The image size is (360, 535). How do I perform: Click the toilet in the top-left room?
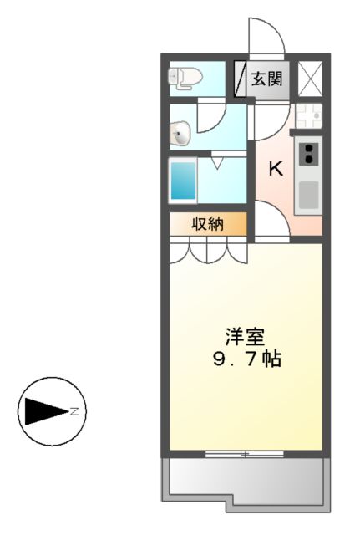click(185, 79)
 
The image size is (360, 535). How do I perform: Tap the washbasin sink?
click(180, 131)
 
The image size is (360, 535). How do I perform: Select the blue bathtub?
click(183, 181)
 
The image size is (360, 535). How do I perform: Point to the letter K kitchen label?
click(274, 169)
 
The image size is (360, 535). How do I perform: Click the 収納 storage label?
click(209, 224)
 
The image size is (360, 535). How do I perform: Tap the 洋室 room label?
click(245, 338)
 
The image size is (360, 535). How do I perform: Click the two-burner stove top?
click(309, 154)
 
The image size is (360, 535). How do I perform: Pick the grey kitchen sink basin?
click(309, 194)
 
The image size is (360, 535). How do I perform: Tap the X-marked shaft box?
click(309, 79)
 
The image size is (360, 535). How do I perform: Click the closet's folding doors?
click(209, 249)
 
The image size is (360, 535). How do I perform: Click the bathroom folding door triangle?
click(216, 161)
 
